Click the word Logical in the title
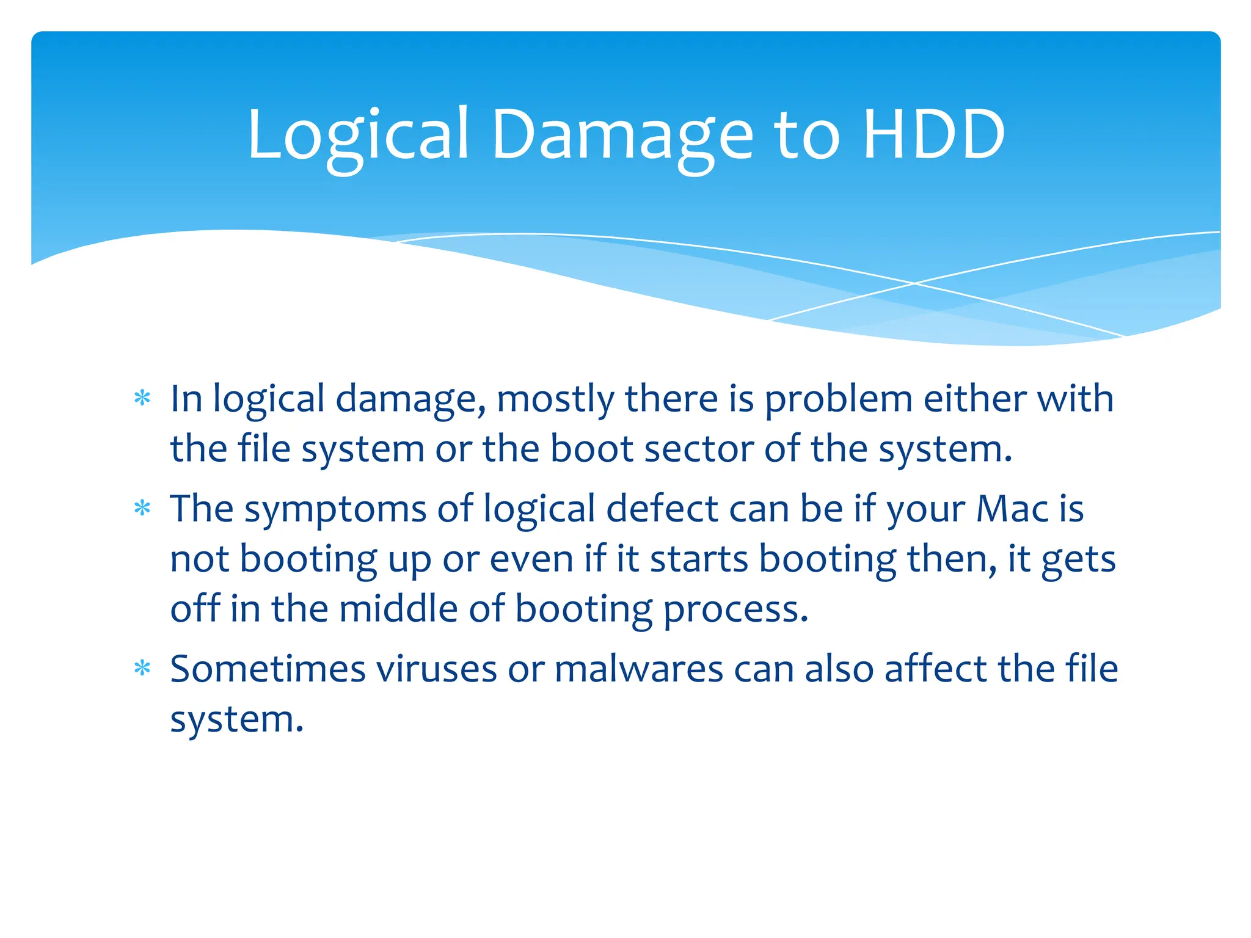pyautogui.click(x=357, y=136)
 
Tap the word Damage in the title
pyautogui.click(x=622, y=136)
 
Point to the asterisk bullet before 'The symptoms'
pyautogui.click(x=142, y=509)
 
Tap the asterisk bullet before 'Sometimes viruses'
pyautogui.click(x=142, y=669)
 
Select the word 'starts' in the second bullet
pyautogui.click(x=699, y=559)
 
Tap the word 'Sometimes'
pyautogui.click(x=268, y=669)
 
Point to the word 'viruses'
pyautogui.click(x=436, y=669)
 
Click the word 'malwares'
pyautogui.click(x=639, y=669)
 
